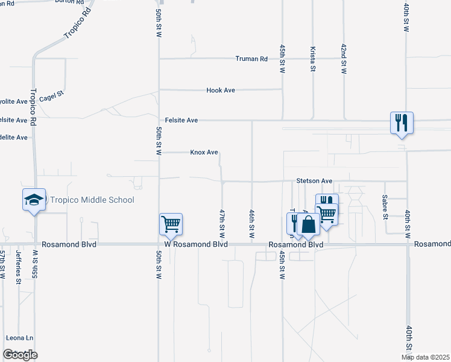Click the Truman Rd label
click(251, 59)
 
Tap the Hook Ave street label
click(221, 90)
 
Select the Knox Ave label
click(204, 153)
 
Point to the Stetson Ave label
click(314, 180)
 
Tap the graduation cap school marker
click(34, 200)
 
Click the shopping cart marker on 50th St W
click(171, 224)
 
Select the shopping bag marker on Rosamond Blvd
click(308, 225)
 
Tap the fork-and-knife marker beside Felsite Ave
click(401, 123)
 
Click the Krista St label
click(313, 58)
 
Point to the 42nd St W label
click(344, 59)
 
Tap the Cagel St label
click(51, 96)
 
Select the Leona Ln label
click(19, 338)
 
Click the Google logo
click(20, 354)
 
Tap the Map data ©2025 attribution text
click(425, 357)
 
